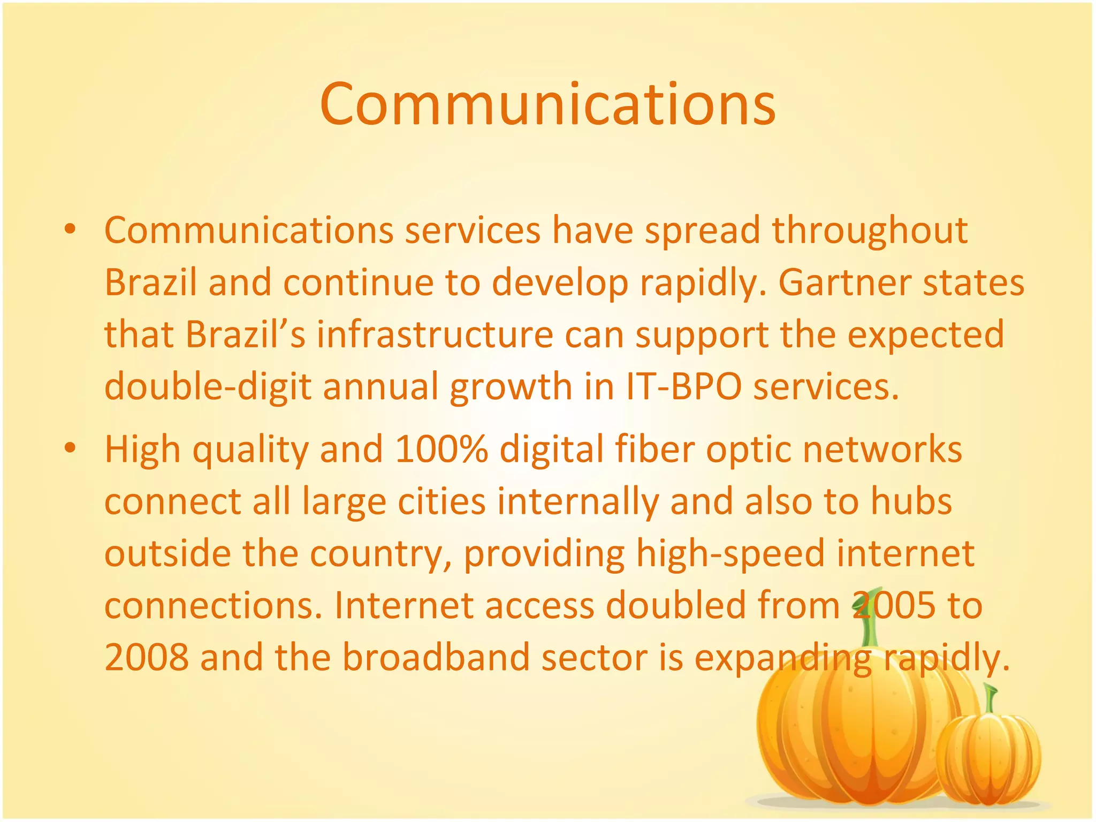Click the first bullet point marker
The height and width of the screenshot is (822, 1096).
coord(70,230)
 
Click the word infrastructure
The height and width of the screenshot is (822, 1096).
coord(435,334)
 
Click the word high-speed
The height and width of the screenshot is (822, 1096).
coord(730,553)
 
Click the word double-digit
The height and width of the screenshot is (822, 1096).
coord(208,386)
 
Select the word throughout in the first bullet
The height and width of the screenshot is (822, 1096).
coord(870,230)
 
